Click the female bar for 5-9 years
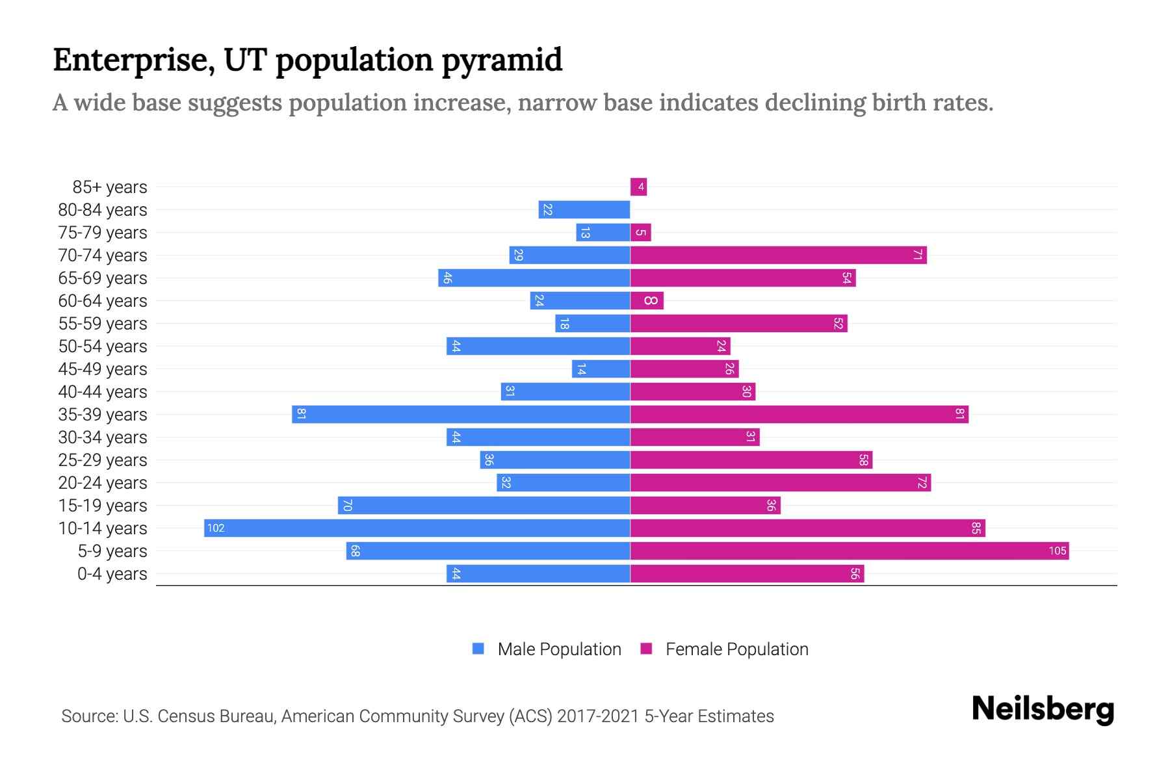849,551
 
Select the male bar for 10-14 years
417,528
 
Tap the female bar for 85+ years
638,187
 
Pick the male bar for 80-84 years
584,210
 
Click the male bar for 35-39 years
461,415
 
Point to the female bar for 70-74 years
778,255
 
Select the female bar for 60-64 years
647,301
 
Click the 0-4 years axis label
112,574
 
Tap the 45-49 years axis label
103,369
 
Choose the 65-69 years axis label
103,278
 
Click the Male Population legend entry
547,649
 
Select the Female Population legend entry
725,649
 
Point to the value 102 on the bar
216,528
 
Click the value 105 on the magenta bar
1057,551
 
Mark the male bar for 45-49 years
601,369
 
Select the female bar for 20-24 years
780,483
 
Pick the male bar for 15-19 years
484,506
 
